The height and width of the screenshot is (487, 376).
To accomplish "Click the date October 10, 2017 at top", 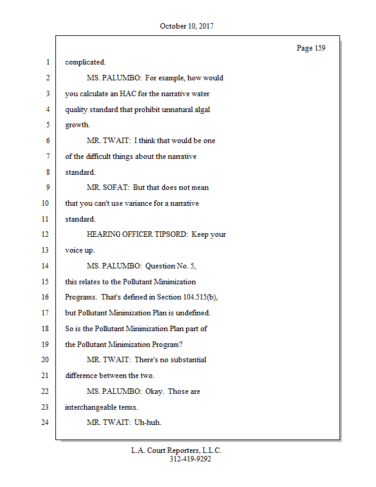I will (187, 26).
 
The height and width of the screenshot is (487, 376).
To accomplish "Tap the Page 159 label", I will (311, 48).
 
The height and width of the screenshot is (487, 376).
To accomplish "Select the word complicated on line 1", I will (85, 61).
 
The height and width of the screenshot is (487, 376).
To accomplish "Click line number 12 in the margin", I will (44, 234).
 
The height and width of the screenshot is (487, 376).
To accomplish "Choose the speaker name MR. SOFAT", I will (108, 187).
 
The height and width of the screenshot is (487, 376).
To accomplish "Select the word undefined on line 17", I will (191, 313).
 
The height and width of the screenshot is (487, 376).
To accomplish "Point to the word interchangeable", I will (92, 407).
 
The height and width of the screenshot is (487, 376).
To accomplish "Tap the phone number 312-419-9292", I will (190, 459).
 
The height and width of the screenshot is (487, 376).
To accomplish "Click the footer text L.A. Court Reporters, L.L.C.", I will (176, 450).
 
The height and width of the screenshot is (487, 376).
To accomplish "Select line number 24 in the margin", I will (44, 422).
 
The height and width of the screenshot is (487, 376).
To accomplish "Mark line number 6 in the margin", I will (46, 141).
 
